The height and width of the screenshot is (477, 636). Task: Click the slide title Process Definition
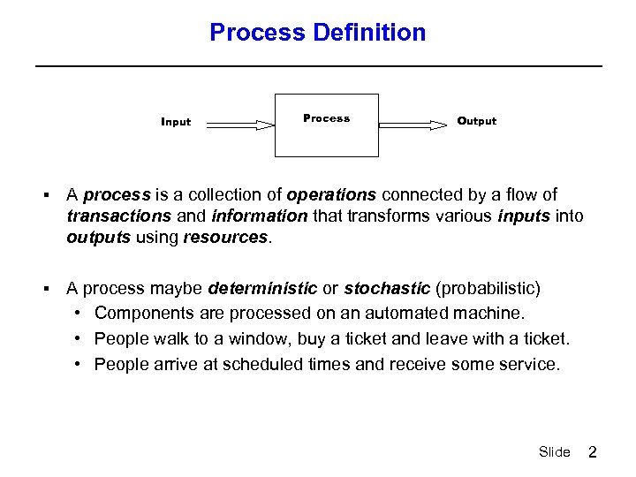(x=317, y=33)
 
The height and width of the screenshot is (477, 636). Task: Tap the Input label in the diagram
(x=176, y=122)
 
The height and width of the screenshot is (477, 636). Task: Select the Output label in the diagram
(x=476, y=121)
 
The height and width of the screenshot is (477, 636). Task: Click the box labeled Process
(x=327, y=125)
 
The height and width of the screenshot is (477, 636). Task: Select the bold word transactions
(x=118, y=216)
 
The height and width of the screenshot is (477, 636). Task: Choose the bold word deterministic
(x=262, y=289)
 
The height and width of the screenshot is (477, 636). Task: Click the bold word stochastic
(x=387, y=289)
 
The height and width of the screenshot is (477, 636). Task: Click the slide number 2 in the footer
(x=593, y=452)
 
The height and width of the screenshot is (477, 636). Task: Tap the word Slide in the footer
(x=554, y=452)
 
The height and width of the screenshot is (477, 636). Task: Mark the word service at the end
(x=529, y=365)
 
